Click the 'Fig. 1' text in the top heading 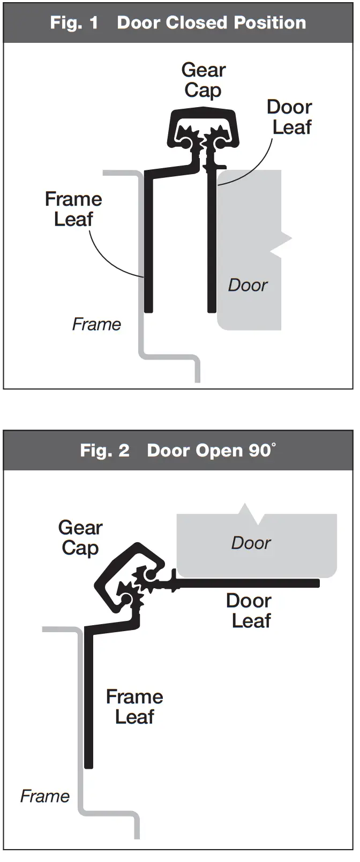coord(74,23)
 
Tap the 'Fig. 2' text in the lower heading coord(104,451)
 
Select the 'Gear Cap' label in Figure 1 coord(203,80)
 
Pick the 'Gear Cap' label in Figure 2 coord(80,538)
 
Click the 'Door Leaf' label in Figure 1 coord(290,117)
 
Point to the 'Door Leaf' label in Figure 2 coord(249,611)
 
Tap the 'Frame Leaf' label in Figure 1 coord(73,209)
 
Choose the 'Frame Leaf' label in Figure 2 coord(134,707)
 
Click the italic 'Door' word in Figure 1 coord(247,285)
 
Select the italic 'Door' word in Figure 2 coord(251,543)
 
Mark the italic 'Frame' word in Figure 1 coord(96,324)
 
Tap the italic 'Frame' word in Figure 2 coord(45,796)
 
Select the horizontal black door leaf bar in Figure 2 coord(252,583)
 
